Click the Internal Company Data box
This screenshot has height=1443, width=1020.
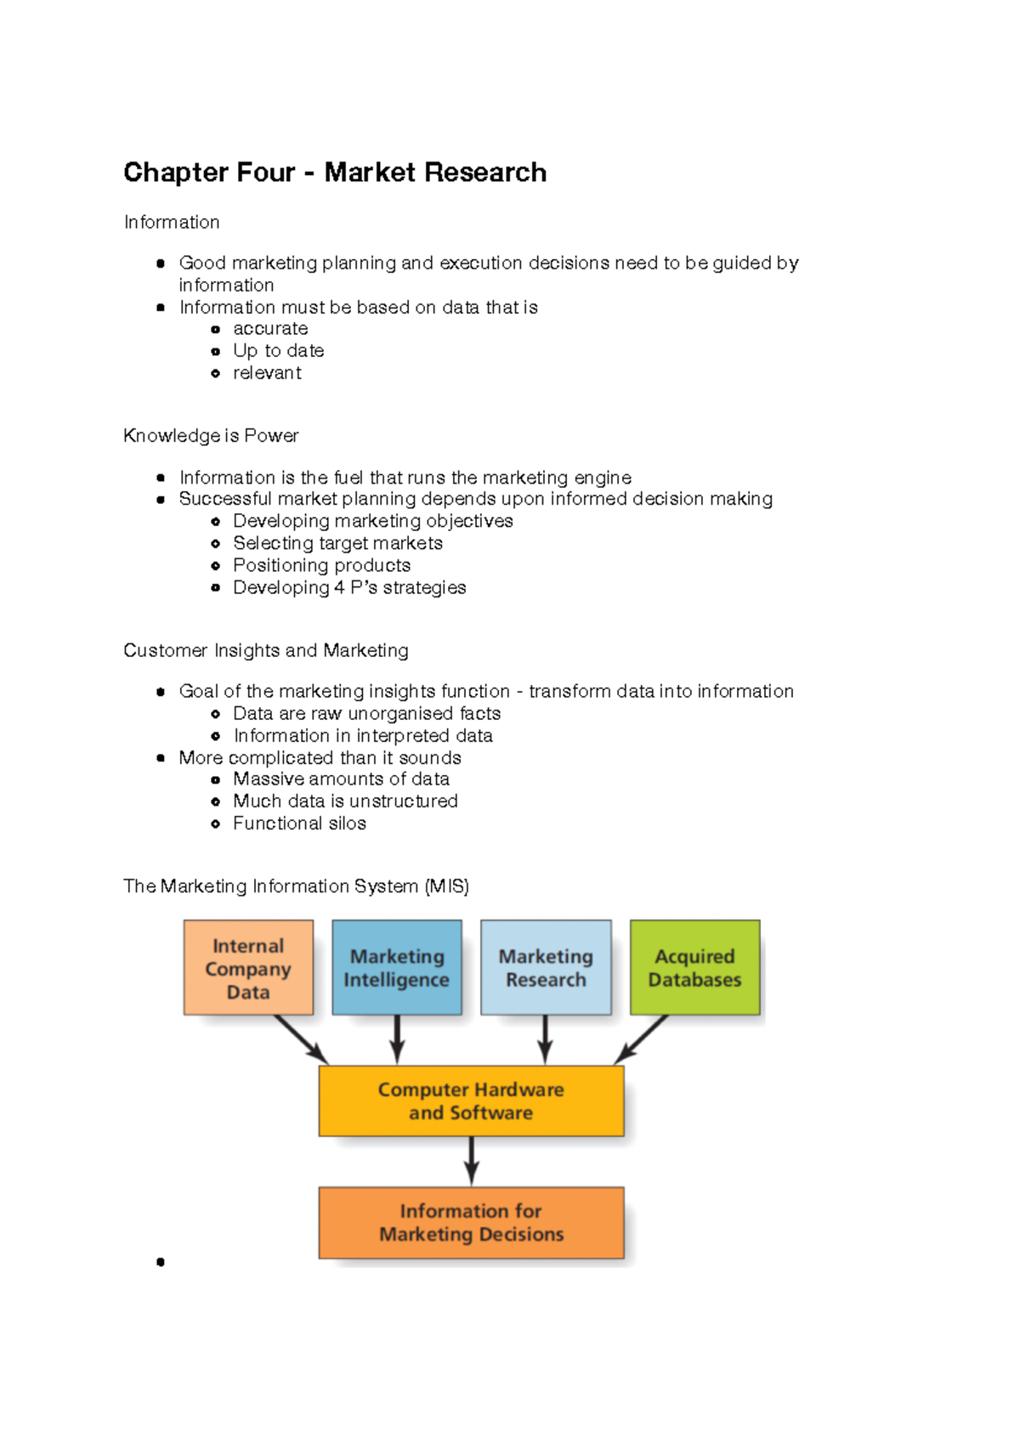[x=248, y=968]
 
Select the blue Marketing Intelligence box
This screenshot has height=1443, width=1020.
[x=397, y=968]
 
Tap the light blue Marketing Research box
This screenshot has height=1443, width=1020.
[x=546, y=968]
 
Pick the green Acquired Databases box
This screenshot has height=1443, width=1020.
[x=694, y=968]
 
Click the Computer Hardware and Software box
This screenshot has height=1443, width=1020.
[x=471, y=1101]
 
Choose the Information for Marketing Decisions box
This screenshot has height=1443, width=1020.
[x=471, y=1222]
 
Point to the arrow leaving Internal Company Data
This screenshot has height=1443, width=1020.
[x=301, y=1039]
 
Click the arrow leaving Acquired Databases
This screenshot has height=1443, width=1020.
[x=642, y=1039]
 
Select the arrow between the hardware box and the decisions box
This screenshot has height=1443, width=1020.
[x=471, y=1161]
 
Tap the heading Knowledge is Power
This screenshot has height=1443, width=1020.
[x=211, y=436]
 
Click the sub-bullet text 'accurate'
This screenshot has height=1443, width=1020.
[x=270, y=329]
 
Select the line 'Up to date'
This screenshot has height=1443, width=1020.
[x=278, y=351]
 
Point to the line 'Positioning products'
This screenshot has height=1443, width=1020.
[x=321, y=565]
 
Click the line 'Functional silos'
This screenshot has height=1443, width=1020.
[x=299, y=823]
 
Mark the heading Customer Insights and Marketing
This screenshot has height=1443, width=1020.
[x=265, y=651]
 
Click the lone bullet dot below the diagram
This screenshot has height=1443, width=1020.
[x=161, y=1262]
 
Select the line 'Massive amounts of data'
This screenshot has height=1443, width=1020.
[x=341, y=779]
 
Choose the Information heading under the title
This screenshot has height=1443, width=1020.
[x=172, y=223]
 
